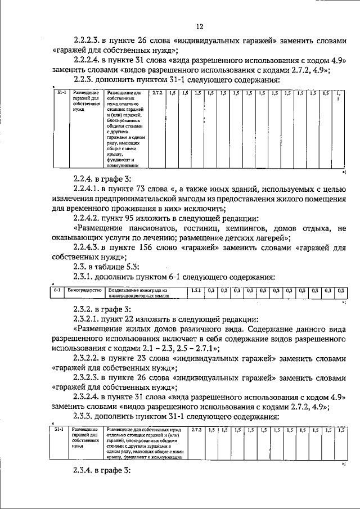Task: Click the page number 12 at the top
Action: (x=200, y=26)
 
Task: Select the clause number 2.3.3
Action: (x=84, y=417)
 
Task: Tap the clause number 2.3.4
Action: (x=84, y=470)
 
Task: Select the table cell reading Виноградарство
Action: (x=84, y=291)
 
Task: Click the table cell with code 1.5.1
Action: (x=195, y=291)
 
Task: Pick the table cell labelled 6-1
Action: (x=57, y=291)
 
